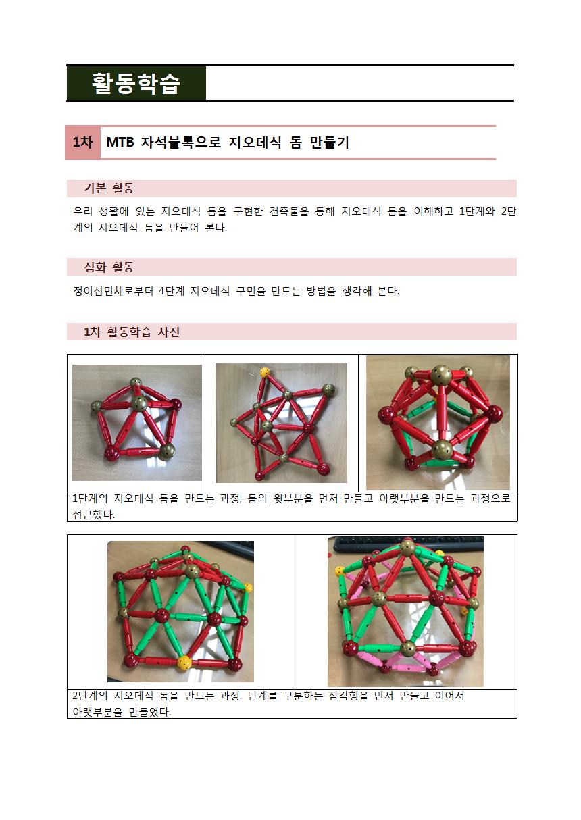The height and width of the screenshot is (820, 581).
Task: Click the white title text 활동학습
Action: pos(136,83)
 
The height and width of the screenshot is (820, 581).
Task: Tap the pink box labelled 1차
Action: pos(82,143)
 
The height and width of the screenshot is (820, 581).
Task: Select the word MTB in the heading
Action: pos(120,143)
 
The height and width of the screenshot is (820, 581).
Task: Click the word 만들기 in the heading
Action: pos(330,143)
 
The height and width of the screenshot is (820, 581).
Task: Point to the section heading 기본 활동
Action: pos(109,188)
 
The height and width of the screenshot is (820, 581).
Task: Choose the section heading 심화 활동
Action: pos(109,267)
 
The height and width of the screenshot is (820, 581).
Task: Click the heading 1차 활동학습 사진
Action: pos(132,332)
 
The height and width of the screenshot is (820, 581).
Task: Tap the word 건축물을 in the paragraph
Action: pos(289,211)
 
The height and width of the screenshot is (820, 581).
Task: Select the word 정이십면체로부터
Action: pos(113,291)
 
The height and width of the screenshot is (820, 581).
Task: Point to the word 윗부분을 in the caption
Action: pos(294,498)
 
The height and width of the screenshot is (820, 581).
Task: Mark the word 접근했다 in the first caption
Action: pos(93,514)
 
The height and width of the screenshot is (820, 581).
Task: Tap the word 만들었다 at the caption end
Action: pos(149,712)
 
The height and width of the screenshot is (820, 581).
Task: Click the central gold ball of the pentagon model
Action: pos(139,403)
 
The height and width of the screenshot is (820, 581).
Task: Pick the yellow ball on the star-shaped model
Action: pos(264,373)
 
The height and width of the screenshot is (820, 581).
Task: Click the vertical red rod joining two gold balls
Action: pos(443,412)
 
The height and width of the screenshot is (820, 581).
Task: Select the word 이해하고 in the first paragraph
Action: pos(434,211)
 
